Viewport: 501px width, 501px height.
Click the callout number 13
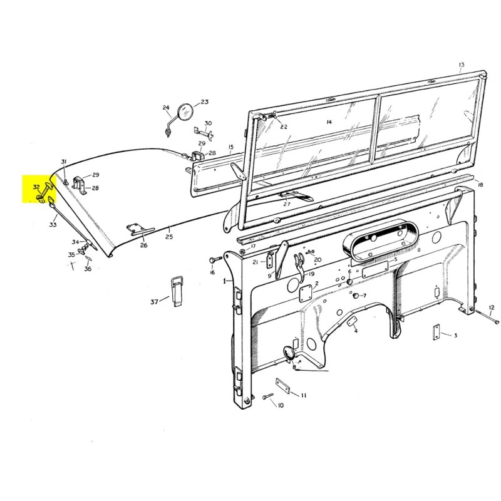point(461,65)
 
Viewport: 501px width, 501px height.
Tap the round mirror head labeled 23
point(185,112)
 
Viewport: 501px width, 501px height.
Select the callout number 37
point(154,301)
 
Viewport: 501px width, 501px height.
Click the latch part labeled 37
point(177,291)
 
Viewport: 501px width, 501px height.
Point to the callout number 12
point(492,307)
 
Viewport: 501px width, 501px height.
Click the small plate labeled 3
point(436,332)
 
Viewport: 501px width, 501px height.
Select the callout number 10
point(280,405)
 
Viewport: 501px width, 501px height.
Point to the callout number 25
point(169,237)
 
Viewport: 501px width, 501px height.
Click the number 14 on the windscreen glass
point(329,121)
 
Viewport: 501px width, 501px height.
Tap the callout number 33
point(53,225)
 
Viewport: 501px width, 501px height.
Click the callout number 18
point(480,185)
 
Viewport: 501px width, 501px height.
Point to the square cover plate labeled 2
point(305,293)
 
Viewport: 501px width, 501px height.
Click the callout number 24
point(165,107)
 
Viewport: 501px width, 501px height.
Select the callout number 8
point(294,367)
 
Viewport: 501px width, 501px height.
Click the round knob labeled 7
point(355,296)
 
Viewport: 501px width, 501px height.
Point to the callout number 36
point(88,269)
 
